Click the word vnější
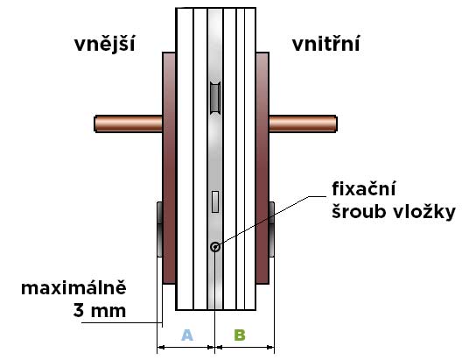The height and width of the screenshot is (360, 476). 104,45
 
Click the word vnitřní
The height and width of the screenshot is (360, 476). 325,44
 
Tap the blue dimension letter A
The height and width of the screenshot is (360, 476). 187,335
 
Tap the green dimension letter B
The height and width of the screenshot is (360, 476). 240,335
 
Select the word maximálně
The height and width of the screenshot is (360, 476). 73,288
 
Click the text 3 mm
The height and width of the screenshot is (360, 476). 100,310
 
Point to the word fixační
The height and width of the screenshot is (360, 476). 364,188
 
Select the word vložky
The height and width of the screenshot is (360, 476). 425,211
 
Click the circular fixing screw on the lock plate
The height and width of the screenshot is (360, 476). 215,247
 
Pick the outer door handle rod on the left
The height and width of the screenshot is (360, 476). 129,124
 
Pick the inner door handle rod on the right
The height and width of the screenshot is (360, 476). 303,124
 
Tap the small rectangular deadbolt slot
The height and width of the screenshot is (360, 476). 215,201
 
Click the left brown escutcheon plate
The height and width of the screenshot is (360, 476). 169,168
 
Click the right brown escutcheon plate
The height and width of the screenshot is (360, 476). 262,168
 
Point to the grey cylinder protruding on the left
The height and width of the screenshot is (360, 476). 159,229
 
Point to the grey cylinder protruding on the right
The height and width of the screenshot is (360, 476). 272,229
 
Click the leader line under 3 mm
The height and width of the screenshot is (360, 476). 122,322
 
